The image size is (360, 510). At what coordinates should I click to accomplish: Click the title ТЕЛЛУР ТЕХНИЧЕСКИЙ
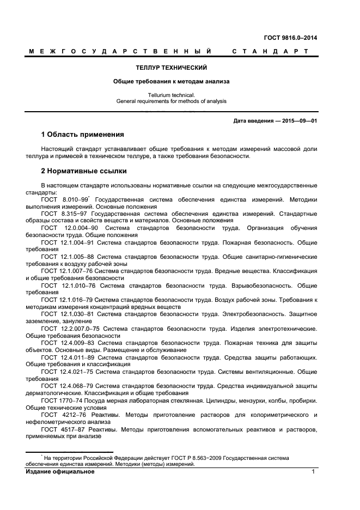171,68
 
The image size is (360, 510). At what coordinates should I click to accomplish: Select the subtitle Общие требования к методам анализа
171,82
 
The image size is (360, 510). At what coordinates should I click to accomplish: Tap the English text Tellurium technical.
171,95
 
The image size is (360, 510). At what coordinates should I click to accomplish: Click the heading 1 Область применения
83,135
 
